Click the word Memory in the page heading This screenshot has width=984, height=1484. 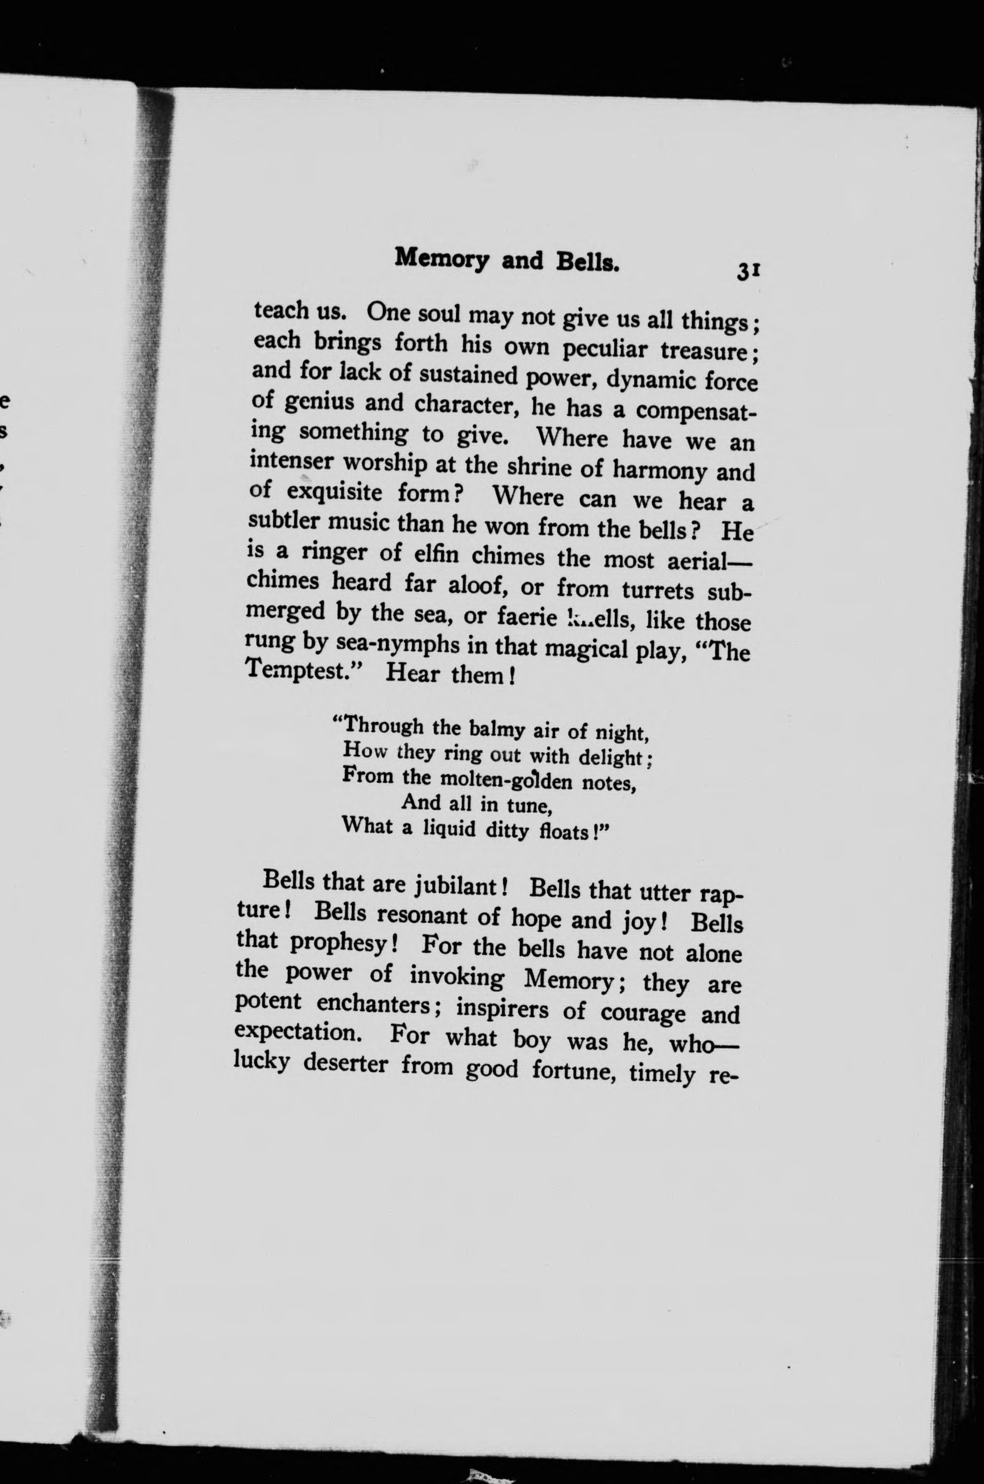tap(442, 258)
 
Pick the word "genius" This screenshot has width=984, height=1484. tap(318, 402)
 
